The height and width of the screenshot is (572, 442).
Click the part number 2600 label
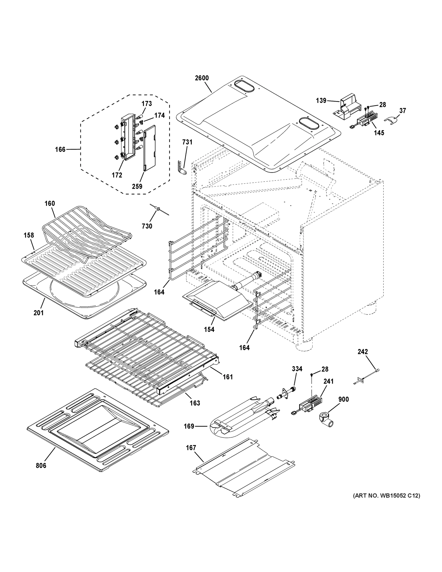(202, 78)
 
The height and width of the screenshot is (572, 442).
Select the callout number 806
(41, 465)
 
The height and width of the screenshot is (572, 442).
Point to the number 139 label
(321, 101)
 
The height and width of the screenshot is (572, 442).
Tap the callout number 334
(297, 369)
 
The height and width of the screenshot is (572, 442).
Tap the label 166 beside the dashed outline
(60, 149)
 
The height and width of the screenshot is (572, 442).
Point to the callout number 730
(147, 226)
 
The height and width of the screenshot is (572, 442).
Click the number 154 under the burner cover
(209, 329)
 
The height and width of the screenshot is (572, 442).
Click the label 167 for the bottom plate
(191, 448)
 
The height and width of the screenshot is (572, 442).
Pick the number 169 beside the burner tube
(189, 426)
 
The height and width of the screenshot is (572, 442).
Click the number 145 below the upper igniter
(379, 133)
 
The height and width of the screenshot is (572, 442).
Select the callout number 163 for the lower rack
(195, 403)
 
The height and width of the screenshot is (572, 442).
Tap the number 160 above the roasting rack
(50, 204)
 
